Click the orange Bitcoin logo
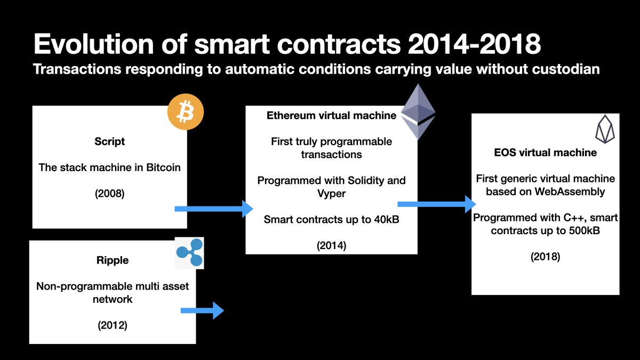[x=186, y=111]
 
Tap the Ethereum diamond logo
[x=418, y=111]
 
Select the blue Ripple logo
[x=190, y=253]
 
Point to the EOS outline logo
[x=605, y=129]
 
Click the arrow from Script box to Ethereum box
[x=214, y=209]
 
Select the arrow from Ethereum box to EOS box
[x=437, y=204]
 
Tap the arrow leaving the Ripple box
[x=202, y=310]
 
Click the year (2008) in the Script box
[x=110, y=194]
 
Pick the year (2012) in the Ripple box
[x=113, y=325]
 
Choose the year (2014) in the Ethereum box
[x=331, y=246]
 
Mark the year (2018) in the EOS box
[x=546, y=257]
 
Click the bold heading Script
[x=110, y=142]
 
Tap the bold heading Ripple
[x=113, y=261]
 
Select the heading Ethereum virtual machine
[x=331, y=115]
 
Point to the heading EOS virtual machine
[x=546, y=153]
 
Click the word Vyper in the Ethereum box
[x=331, y=194]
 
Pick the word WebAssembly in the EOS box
[x=570, y=191]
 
